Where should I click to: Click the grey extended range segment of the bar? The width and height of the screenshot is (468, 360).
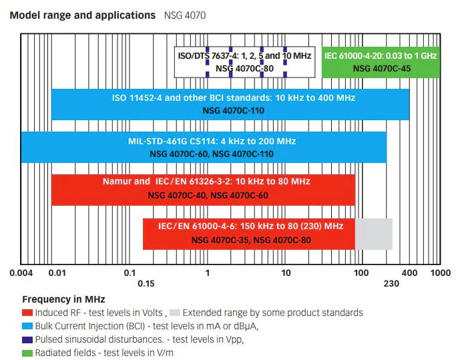click(x=373, y=233)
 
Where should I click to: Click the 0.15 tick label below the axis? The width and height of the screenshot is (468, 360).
click(x=146, y=284)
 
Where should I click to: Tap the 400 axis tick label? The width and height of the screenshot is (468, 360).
click(x=409, y=273)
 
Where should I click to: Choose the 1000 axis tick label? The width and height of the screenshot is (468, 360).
click(x=440, y=273)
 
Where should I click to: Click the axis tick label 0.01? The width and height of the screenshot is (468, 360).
click(x=57, y=273)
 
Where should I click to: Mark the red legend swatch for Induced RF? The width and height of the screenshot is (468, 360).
click(x=27, y=313)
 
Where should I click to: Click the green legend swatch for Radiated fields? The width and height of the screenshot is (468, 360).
click(x=27, y=353)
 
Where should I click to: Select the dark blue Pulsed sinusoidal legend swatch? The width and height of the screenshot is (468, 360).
click(x=27, y=339)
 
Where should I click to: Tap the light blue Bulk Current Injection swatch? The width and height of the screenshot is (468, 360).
click(x=27, y=326)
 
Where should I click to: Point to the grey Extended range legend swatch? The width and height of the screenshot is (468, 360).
click(x=175, y=313)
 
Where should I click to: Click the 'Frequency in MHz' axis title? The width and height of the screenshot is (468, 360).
click(x=63, y=299)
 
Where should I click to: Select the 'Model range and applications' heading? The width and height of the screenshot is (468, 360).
click(x=81, y=15)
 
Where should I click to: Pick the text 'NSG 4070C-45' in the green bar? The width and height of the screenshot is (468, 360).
click(x=381, y=67)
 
